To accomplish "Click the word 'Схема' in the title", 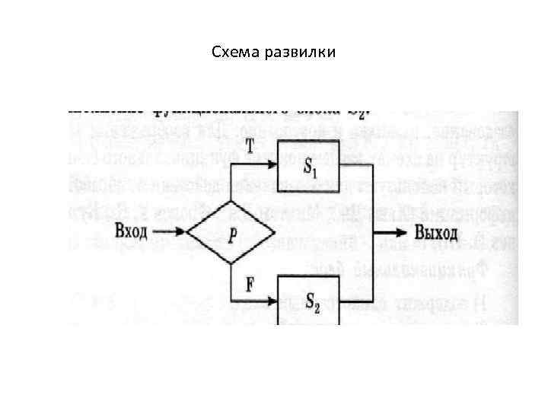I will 235,53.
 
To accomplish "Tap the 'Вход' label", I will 131,231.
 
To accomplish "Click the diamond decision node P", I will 230,232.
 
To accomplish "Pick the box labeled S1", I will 307,165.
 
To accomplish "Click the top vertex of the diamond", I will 230,202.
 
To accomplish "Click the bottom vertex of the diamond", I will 230,263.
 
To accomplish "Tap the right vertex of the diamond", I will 273,232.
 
